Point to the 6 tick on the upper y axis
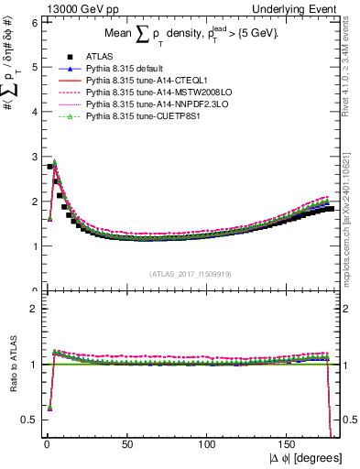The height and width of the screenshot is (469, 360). point(35,22)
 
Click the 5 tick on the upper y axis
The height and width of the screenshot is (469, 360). point(35,67)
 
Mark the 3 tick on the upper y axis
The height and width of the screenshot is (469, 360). point(35,157)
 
